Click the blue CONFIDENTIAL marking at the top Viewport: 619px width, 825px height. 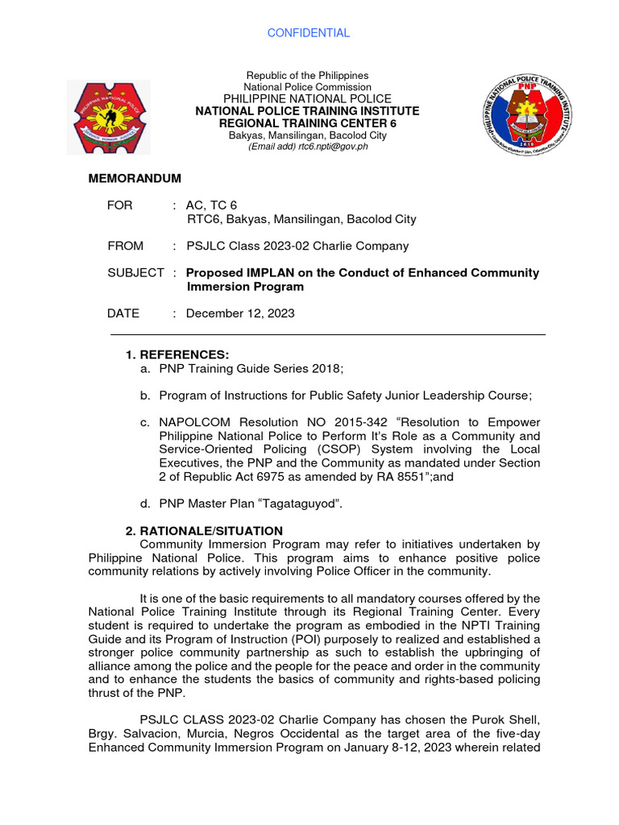(309, 33)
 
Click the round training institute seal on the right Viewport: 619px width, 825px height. (527, 111)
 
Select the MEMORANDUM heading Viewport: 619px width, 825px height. (135, 178)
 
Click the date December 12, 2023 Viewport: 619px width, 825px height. (240, 313)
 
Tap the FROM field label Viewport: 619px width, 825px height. (125, 246)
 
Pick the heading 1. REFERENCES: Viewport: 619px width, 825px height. (177, 355)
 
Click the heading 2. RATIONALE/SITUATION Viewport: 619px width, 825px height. (204, 531)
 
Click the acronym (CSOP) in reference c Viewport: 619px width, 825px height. (351, 450)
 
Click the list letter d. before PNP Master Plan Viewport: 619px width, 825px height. (144, 504)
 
